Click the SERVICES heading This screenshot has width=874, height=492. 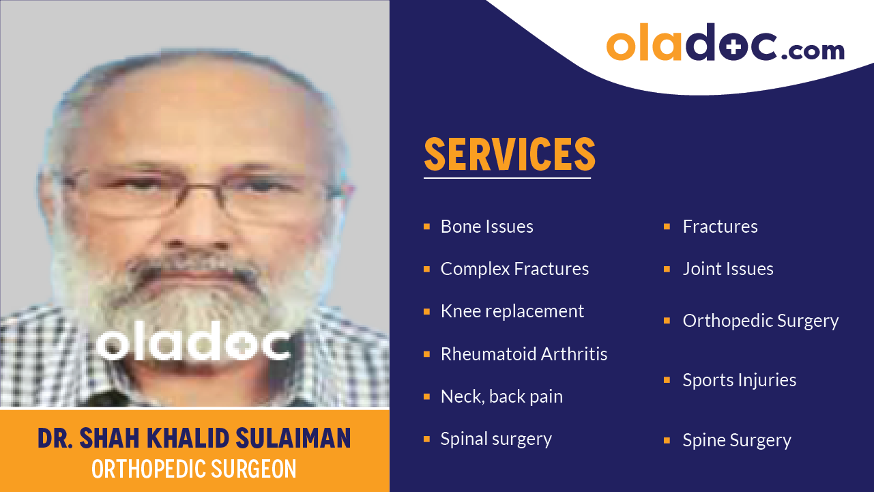click(510, 154)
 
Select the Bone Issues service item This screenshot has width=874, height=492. click(486, 227)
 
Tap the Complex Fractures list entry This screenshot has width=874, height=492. click(514, 269)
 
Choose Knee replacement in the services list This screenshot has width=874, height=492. click(512, 311)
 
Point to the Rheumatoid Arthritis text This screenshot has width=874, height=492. click(523, 354)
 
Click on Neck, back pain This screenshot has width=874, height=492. click(501, 396)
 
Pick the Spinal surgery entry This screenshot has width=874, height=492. click(496, 439)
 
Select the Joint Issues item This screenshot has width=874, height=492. click(727, 269)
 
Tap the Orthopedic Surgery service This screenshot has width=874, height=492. click(760, 321)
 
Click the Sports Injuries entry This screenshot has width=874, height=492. click(739, 380)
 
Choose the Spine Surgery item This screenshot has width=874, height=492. click(736, 440)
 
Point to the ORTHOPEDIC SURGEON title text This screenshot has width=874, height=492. click(194, 469)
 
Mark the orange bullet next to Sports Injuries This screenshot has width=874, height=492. click(667, 380)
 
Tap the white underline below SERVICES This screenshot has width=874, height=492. click(506, 178)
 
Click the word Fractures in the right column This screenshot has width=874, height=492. click(720, 227)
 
